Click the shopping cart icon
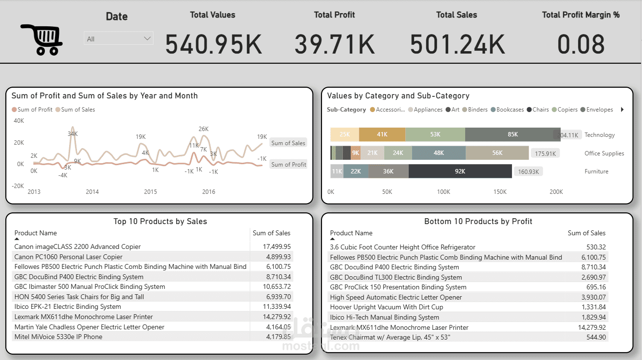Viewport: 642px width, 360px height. [x=41, y=39]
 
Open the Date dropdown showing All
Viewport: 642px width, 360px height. [x=118, y=38]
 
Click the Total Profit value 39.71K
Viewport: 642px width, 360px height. [x=335, y=44]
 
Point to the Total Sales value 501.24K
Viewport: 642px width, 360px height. [x=457, y=44]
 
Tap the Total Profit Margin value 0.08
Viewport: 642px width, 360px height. [x=581, y=44]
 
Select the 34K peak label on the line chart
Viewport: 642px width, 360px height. [x=73, y=134]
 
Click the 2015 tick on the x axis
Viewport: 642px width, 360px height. [x=151, y=192]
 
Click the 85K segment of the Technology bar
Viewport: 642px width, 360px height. [x=512, y=135]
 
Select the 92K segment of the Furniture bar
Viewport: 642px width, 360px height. [x=460, y=171]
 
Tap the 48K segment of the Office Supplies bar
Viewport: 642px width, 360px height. [x=438, y=153]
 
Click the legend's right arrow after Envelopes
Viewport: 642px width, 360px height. [x=622, y=110]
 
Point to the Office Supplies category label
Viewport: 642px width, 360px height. [x=604, y=153]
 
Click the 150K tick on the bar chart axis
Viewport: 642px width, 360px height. [x=500, y=192]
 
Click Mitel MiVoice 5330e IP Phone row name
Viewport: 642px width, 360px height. [x=58, y=337]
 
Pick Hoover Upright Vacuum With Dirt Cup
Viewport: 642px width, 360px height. [x=386, y=307]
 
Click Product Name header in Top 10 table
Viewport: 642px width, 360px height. [x=36, y=233]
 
